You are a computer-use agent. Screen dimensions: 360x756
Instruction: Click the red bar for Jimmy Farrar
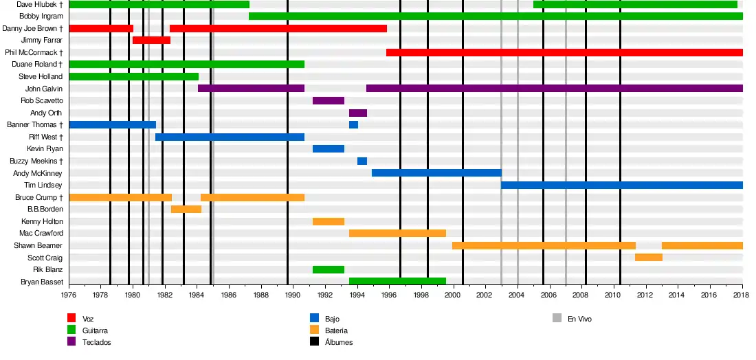(151, 41)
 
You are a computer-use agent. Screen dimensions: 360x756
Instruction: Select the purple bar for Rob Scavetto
(329, 101)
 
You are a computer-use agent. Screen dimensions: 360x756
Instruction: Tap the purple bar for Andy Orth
(358, 113)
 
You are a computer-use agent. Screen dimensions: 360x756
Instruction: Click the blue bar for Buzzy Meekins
(362, 161)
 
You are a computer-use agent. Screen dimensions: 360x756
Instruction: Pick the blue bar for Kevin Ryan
(329, 149)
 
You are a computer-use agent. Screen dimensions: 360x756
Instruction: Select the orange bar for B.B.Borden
(186, 210)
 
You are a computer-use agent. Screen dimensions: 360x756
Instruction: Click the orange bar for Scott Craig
(649, 258)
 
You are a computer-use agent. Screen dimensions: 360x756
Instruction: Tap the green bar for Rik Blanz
(329, 270)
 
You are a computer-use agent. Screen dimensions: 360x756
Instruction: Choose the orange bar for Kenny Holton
(329, 222)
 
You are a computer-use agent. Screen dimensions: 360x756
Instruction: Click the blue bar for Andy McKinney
(436, 173)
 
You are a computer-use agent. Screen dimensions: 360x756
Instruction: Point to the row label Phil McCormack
(34, 52)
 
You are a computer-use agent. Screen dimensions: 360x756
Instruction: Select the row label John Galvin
(43, 89)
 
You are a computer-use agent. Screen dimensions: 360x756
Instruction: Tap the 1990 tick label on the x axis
(293, 295)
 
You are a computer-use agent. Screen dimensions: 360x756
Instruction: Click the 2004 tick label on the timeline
(517, 295)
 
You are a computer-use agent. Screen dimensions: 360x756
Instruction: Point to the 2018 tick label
(741, 295)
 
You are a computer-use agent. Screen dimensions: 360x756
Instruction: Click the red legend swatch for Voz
(71, 318)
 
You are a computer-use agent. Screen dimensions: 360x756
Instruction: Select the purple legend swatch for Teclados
(71, 341)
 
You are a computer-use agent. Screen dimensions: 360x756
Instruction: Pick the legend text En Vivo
(579, 319)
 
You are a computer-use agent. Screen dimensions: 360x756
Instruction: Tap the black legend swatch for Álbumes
(314, 341)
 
